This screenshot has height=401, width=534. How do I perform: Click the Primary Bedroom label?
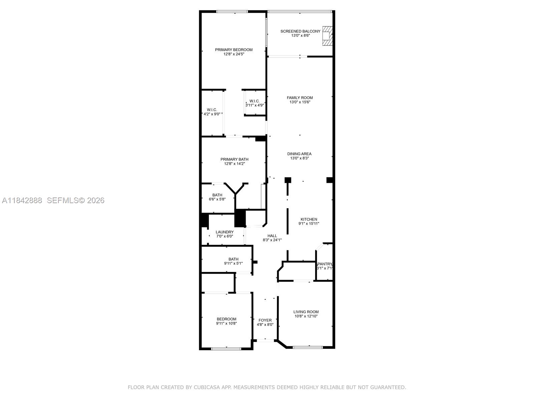coord(234,50)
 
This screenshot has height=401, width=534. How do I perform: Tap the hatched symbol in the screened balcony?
coord(327,36)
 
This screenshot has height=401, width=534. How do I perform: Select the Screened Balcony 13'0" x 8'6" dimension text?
coord(300,35)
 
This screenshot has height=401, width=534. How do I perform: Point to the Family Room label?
coord(300,98)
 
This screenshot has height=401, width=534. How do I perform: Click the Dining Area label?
coord(299,154)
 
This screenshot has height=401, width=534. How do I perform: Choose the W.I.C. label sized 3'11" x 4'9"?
coord(254,101)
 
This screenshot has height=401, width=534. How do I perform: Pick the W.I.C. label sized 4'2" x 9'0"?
coord(212,110)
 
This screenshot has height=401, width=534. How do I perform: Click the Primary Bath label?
coord(234,159)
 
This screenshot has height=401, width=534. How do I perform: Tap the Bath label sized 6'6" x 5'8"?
coord(217,195)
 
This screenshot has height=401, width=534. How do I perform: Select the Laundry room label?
coord(225,232)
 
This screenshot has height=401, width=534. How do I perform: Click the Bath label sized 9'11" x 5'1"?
coord(233,259)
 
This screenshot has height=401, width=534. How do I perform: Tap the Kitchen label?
coord(309,220)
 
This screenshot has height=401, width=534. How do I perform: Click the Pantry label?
coord(325,264)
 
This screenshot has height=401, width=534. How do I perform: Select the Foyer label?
coord(265,320)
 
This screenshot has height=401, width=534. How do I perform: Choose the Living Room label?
coord(306,312)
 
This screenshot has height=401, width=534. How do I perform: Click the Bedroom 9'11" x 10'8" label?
coord(226,319)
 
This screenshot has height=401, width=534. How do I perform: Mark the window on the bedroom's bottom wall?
coord(226,349)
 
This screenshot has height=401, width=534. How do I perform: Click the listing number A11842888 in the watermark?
coord(22,200)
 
